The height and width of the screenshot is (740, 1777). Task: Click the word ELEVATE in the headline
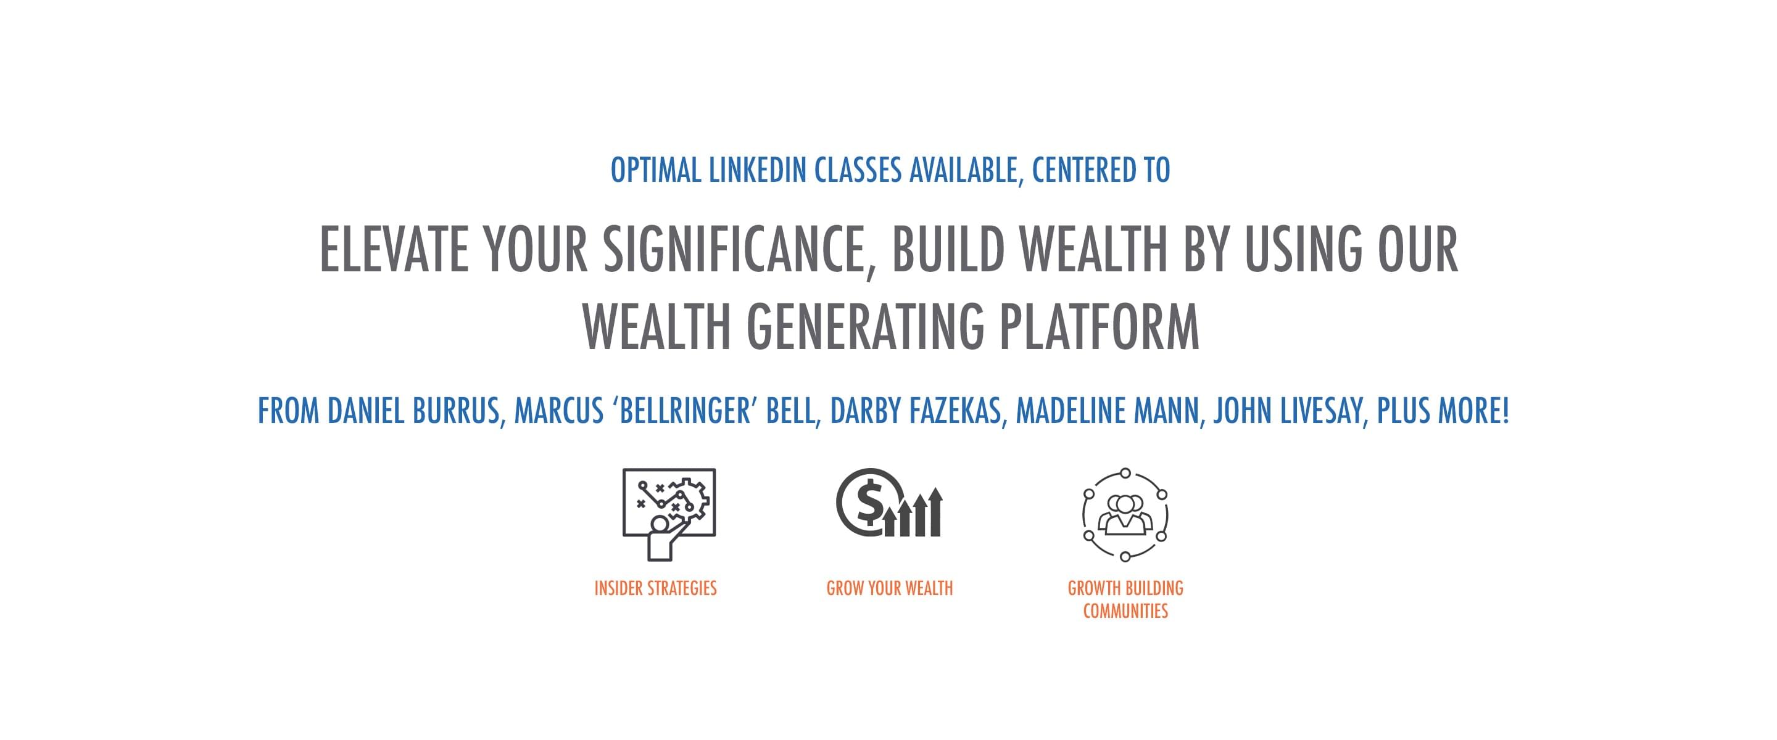(x=394, y=249)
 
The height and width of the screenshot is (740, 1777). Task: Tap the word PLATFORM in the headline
(x=1100, y=326)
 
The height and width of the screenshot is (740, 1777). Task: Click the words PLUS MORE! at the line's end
(x=1443, y=411)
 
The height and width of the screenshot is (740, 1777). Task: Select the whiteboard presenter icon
(x=669, y=514)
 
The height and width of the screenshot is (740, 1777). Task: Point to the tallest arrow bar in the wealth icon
(x=935, y=512)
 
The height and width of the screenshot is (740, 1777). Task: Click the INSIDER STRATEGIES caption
(x=655, y=588)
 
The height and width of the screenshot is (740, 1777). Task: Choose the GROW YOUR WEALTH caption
(x=890, y=588)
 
